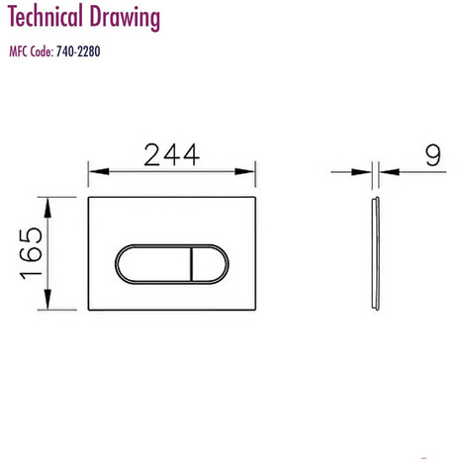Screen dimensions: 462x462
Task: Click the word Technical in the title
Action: pos(45,17)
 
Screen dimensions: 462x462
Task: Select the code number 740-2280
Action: pos(78,51)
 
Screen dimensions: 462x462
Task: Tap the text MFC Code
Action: pos(32,51)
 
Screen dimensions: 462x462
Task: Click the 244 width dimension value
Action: pos(172,154)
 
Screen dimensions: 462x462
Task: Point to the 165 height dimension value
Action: pos(31,253)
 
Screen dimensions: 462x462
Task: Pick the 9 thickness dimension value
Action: pos(433,155)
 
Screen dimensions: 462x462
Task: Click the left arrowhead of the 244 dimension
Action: pos(99,171)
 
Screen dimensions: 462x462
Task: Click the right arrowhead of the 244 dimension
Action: pos(244,171)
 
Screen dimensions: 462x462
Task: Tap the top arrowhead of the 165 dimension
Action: pos(47,208)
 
